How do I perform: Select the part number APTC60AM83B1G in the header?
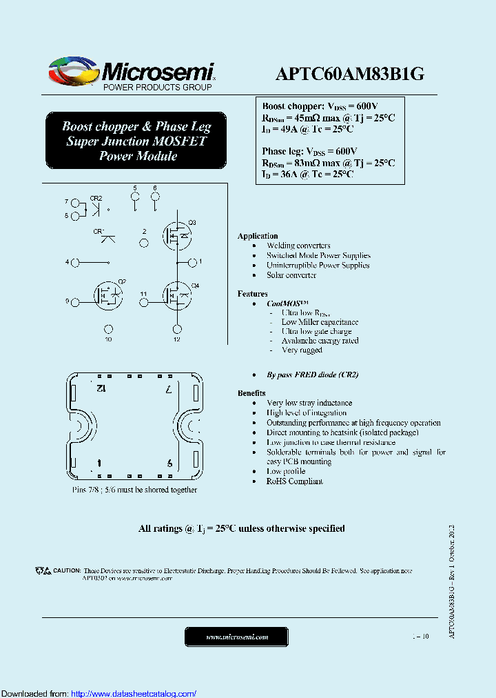[x=349, y=74]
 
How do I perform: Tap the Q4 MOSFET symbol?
[x=178, y=295]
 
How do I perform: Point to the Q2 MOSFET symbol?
[x=108, y=295]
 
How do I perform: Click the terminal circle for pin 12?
[x=178, y=329]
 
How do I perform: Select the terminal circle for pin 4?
[x=76, y=262]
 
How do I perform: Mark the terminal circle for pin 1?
[x=192, y=262]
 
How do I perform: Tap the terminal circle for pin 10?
[x=108, y=329]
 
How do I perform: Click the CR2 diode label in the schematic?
[x=96, y=198]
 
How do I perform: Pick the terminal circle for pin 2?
[x=144, y=243]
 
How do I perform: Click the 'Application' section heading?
[x=258, y=236]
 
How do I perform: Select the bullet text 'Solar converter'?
[x=291, y=275]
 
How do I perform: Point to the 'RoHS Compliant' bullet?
[x=294, y=481]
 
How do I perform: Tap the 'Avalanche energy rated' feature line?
[x=320, y=341]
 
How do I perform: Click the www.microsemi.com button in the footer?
[x=237, y=637]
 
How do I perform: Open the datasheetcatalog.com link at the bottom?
[x=134, y=693]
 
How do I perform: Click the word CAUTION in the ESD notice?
[x=67, y=571]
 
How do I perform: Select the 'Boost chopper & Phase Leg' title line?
[x=136, y=126]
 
